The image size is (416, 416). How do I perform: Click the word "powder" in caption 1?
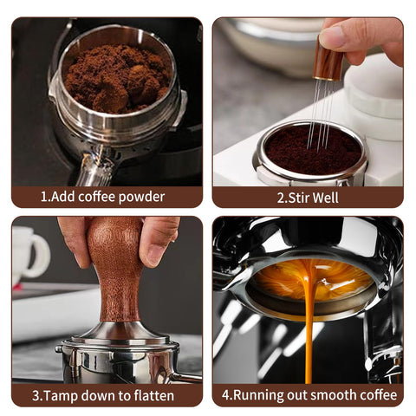(141, 198)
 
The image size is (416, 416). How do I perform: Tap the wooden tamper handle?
(115, 269)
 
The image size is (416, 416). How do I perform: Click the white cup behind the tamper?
(29, 254)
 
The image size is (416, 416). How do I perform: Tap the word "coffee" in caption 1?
(97, 197)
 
